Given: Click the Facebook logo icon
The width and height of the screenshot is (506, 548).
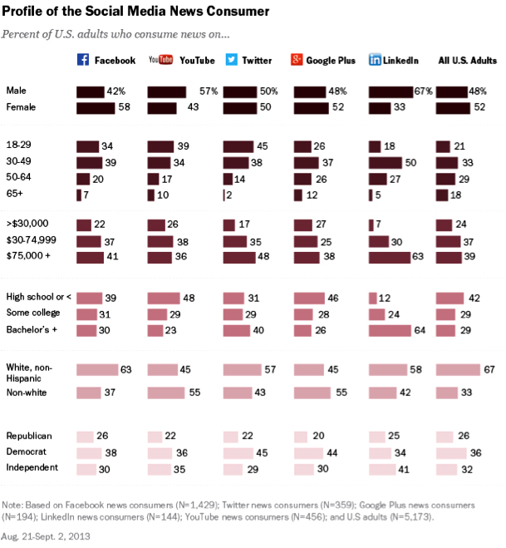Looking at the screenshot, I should pos(82,60).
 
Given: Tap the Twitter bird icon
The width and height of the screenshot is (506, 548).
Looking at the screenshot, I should pos(231,60).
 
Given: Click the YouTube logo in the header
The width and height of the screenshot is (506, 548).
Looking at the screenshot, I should pos(160,60).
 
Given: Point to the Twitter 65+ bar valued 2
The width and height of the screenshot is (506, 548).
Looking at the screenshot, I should pos(224,194).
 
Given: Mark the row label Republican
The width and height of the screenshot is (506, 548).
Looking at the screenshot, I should pos(29,436).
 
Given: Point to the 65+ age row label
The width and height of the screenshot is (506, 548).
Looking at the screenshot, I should pos(15,194).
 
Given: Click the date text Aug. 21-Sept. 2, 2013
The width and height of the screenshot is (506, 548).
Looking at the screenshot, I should pos(47,536).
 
